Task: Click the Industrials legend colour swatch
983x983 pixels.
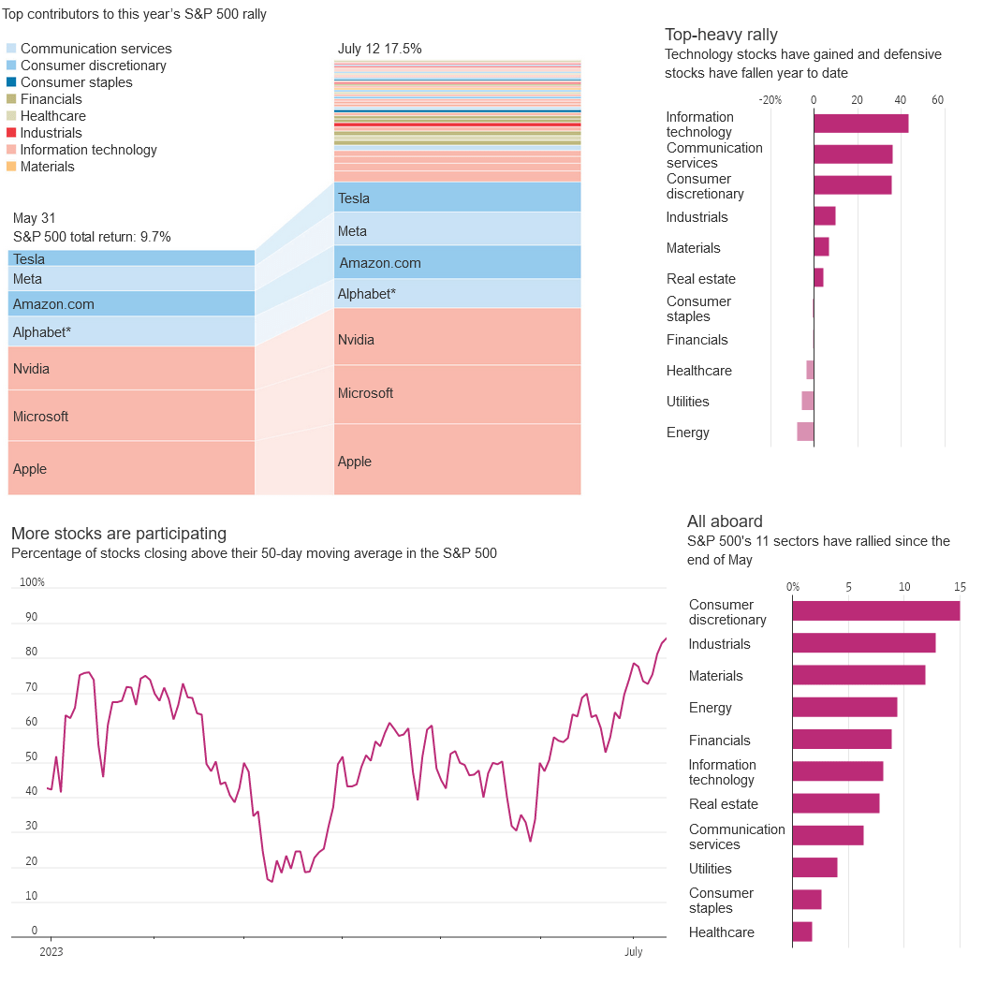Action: (x=11, y=133)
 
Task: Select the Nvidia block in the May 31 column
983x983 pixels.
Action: (x=131, y=369)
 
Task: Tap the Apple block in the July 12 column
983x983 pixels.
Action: (x=457, y=460)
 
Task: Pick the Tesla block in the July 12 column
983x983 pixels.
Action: (x=457, y=198)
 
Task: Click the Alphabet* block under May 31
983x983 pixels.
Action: (x=131, y=331)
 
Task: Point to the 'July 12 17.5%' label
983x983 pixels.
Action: (x=379, y=49)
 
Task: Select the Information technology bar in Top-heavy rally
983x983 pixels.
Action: (x=860, y=124)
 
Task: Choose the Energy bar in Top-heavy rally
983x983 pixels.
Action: (x=805, y=432)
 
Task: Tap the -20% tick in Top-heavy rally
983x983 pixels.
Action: (x=770, y=100)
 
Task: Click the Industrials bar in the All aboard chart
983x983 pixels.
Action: (x=863, y=643)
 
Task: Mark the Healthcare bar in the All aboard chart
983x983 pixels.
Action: (x=802, y=932)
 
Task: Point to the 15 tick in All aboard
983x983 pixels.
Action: (x=960, y=587)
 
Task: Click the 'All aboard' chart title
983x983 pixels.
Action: (x=725, y=521)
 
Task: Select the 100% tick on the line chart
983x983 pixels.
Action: (x=32, y=582)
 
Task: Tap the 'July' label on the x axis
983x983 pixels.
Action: (x=634, y=952)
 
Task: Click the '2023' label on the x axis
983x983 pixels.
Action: (x=51, y=952)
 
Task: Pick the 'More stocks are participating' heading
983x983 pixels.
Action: (x=119, y=534)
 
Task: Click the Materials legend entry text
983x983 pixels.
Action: (x=47, y=167)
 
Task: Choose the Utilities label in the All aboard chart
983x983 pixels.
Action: (x=711, y=869)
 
